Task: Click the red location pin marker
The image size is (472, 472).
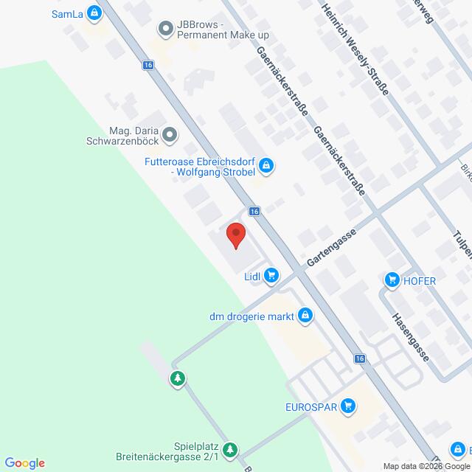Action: (x=235, y=235)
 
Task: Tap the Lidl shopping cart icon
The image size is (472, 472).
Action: (x=272, y=276)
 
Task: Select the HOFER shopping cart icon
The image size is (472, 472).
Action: (x=390, y=280)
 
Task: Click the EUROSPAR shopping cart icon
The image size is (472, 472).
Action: (x=349, y=406)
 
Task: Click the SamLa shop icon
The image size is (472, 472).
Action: (x=94, y=13)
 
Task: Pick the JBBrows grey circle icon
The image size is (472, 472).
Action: (x=166, y=29)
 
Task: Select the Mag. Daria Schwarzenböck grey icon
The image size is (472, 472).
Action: (x=170, y=134)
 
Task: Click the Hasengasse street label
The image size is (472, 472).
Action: (x=412, y=334)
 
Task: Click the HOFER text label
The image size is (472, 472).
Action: (x=420, y=280)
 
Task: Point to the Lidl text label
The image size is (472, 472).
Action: (x=254, y=277)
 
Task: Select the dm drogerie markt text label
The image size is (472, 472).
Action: (x=250, y=317)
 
